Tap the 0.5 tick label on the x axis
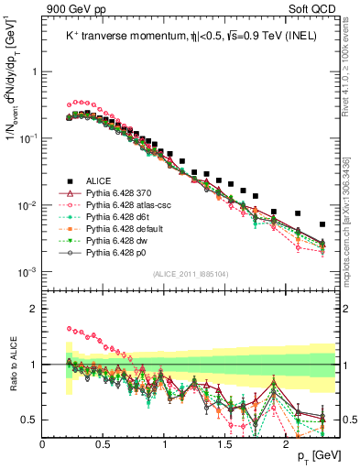[x=104, y=442]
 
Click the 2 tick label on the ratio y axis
[x=33, y=309]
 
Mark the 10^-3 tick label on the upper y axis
[x=27, y=272]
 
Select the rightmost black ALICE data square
[x=322, y=224]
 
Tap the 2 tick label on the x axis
[x=287, y=442]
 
